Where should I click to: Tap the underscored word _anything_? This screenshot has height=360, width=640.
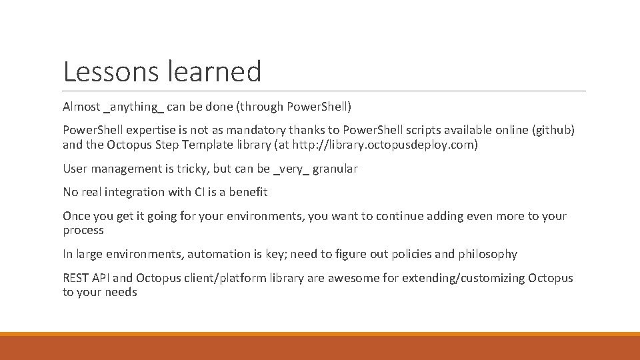(133, 107)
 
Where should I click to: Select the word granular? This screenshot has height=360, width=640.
(335, 169)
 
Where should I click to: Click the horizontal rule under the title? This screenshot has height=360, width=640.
(324, 91)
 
